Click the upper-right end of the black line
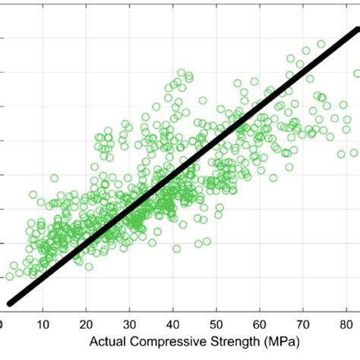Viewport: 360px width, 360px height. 356,31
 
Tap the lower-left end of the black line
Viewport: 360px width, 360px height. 8,302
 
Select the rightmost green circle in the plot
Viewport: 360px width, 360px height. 357,74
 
